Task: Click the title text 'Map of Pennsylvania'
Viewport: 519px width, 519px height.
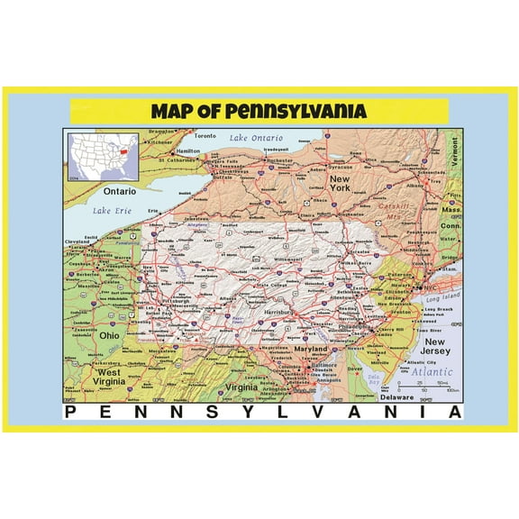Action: click(259, 112)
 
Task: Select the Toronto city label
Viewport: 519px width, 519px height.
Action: click(206, 136)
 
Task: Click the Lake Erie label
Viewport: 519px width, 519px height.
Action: click(112, 211)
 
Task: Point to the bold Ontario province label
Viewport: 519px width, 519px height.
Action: click(119, 191)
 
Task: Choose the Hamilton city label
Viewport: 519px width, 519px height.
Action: click(188, 151)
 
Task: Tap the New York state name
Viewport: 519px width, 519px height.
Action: click(338, 185)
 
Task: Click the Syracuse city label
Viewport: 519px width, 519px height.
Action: click(340, 167)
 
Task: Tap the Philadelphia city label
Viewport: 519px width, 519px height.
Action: click(353, 326)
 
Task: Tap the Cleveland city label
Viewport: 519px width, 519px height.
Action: click(77, 241)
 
